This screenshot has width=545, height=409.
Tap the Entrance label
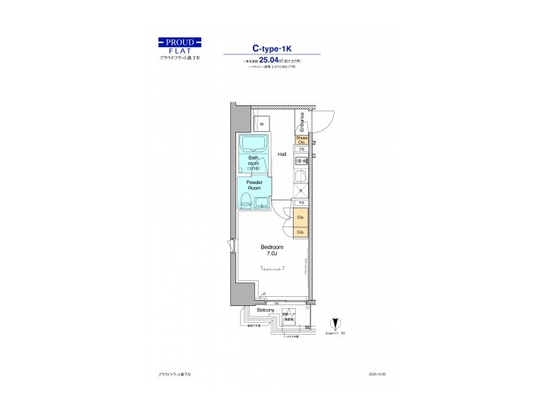point(301,121)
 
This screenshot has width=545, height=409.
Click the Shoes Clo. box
point(301,139)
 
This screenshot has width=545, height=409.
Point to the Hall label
point(282,154)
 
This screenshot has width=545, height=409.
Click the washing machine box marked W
point(261,123)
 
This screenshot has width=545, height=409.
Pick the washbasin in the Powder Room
point(261,201)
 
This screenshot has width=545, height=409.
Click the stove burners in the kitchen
point(301,161)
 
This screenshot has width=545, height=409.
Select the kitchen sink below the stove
point(301,178)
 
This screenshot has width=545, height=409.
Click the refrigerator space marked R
point(301,192)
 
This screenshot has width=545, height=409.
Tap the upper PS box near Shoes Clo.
point(301,150)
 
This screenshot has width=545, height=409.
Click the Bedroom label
point(272,248)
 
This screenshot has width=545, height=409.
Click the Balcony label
point(265,311)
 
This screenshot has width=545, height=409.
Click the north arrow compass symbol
point(335,323)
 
